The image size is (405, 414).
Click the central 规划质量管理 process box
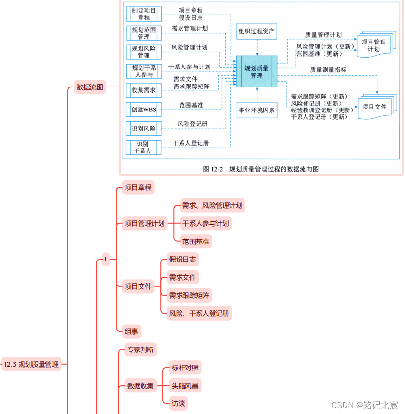(x=256, y=72)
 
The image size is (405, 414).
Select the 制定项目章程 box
(x=143, y=14)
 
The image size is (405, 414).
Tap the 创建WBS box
(x=143, y=110)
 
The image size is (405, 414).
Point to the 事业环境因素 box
(x=257, y=110)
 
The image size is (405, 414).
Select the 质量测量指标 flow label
(x=328, y=70)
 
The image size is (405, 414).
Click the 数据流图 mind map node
(x=90, y=88)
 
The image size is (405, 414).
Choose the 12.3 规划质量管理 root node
(x=32, y=364)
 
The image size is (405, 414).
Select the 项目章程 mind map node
(x=138, y=187)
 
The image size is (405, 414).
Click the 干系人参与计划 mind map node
(x=205, y=224)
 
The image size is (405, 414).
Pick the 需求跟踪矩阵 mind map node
(x=189, y=295)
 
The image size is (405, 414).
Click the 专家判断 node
(x=140, y=349)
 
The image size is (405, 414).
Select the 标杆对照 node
(x=185, y=368)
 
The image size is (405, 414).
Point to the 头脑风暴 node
(x=185, y=386)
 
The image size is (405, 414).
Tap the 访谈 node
(x=178, y=404)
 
